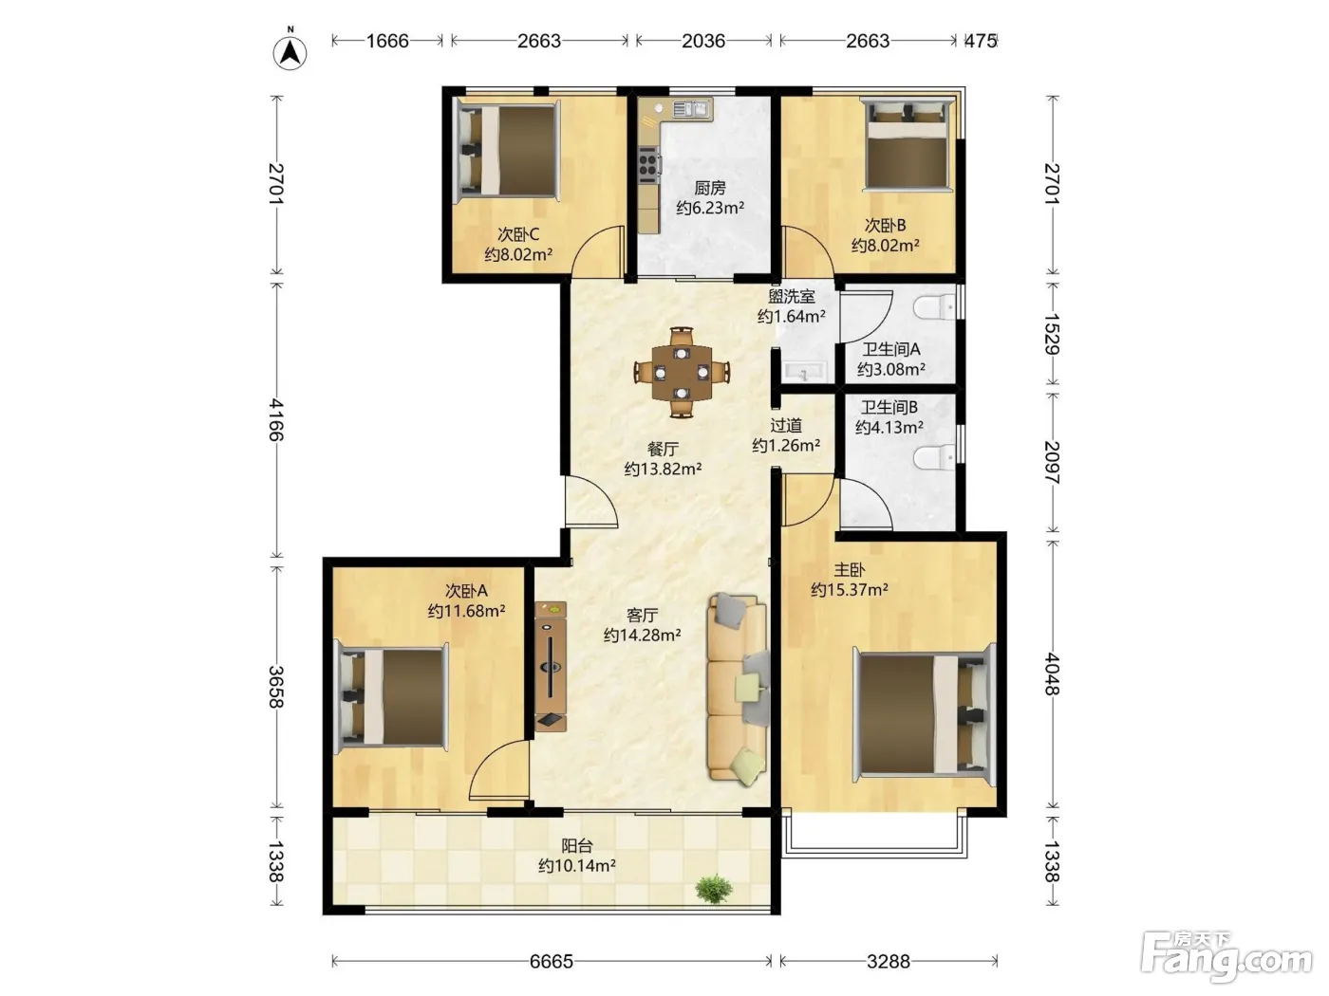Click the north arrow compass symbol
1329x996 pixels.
[x=290, y=51]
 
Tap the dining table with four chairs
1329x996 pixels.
[x=682, y=372]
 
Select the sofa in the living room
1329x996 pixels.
[x=738, y=689]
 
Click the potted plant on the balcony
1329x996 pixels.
[x=714, y=889]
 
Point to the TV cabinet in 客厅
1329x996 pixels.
[x=551, y=667]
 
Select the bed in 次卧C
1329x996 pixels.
[x=507, y=151]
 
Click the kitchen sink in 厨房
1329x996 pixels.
[x=693, y=109]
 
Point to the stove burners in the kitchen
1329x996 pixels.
[x=648, y=164]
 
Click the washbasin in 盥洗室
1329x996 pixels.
[x=803, y=372]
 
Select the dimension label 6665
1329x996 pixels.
[x=551, y=961]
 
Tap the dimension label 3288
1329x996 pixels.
[x=889, y=961]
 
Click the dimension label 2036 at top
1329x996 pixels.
[x=703, y=41]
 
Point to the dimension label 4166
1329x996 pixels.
[x=276, y=419]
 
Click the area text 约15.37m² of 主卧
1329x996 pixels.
[x=850, y=589]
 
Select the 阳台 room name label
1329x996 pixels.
[x=576, y=845]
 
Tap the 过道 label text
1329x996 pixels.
[x=786, y=426]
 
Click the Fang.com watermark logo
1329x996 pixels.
[x=1226, y=955]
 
